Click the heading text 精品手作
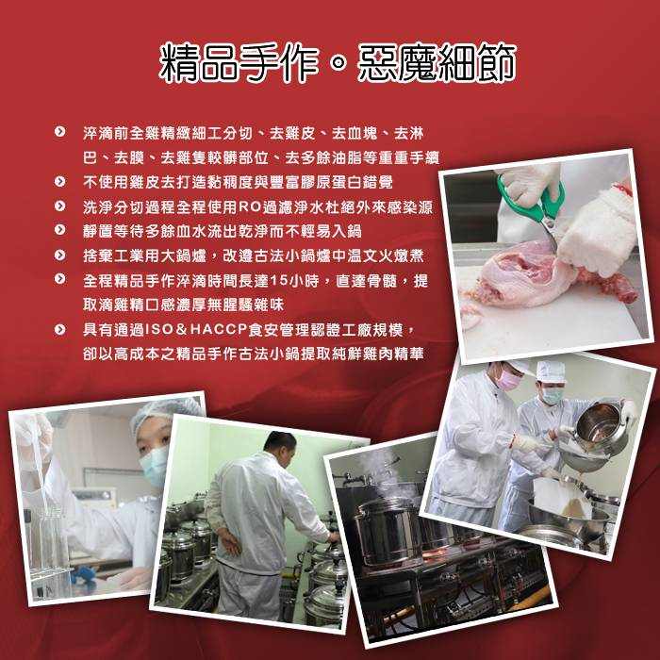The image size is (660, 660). click(x=239, y=63)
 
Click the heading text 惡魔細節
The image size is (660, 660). click(x=437, y=63)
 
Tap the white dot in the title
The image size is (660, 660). click(x=338, y=63)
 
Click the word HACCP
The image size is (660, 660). click(x=218, y=330)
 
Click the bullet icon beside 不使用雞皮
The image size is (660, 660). click(x=59, y=181)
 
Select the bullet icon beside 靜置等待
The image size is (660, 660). click(x=59, y=230)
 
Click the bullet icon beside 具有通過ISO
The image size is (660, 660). click(x=59, y=329)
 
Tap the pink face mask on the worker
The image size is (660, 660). click(x=508, y=379)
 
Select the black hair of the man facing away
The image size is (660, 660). click(x=280, y=442)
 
